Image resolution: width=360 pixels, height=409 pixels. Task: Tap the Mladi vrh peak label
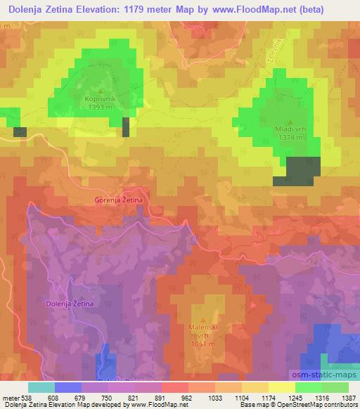(291, 129)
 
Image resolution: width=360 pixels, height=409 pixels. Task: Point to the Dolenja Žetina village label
(69, 303)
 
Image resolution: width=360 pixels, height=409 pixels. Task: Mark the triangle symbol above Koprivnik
(101, 91)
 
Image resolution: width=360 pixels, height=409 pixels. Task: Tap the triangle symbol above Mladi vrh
(291, 120)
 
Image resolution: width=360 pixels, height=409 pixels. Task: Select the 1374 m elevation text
(291, 138)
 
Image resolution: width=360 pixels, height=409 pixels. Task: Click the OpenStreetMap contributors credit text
(323, 405)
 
